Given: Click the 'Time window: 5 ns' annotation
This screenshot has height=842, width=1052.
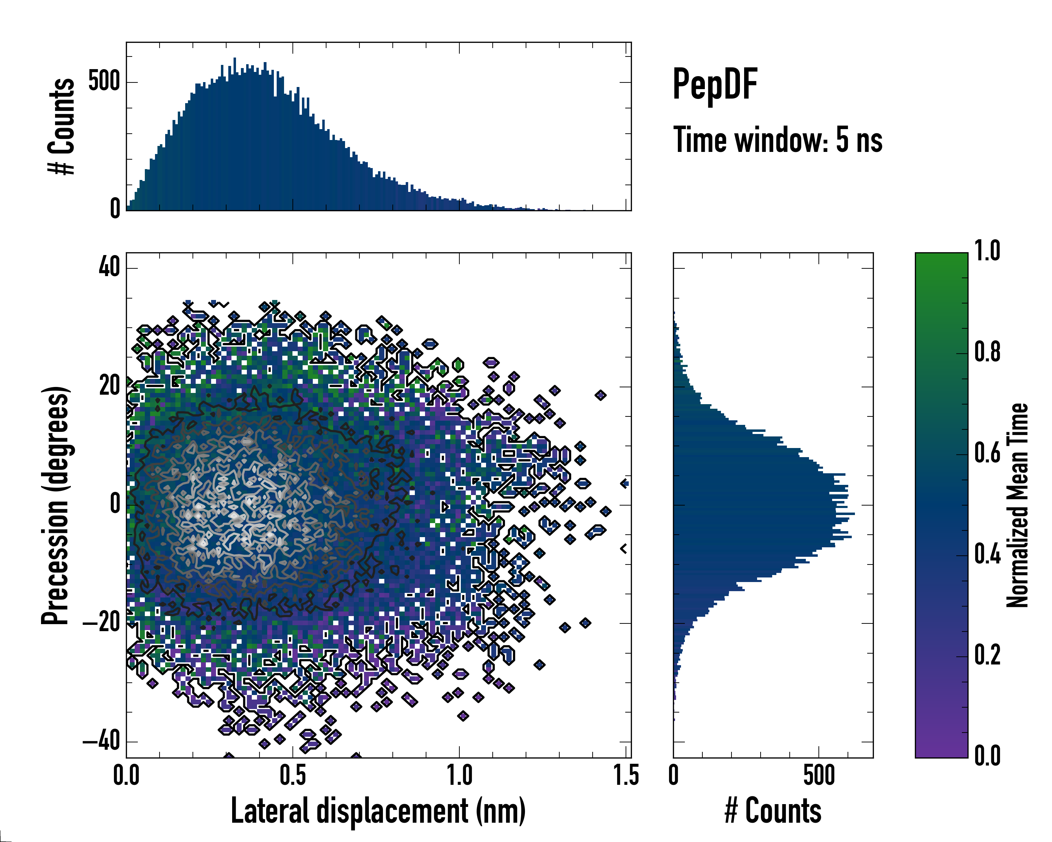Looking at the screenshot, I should click(778, 140).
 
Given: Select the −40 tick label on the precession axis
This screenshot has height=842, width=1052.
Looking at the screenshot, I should click(101, 741).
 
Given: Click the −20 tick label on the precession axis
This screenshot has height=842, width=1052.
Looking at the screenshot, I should click(101, 623).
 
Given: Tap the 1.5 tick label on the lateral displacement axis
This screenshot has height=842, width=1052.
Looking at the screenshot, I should click(626, 776).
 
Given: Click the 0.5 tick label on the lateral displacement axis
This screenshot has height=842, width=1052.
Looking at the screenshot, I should click(293, 776).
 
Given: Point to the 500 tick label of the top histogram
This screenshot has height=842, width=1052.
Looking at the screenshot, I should click(104, 81).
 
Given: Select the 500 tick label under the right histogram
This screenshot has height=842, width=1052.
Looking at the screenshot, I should click(819, 776).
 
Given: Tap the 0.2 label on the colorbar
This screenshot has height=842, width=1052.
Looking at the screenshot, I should click(987, 655).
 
